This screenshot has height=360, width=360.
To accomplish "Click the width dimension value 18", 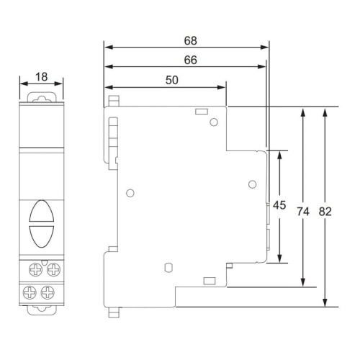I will (41, 76).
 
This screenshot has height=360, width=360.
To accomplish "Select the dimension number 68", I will (190, 40).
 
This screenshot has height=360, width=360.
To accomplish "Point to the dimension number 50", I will (172, 81).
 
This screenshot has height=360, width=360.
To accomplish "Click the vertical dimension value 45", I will (280, 205).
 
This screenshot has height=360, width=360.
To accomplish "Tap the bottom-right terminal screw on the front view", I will (50, 292).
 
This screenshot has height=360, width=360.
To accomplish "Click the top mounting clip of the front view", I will (41, 94).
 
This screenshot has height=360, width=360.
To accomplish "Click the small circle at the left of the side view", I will (130, 193).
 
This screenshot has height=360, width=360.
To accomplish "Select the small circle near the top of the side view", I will (213, 122).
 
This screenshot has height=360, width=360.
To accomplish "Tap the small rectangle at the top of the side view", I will (202, 112).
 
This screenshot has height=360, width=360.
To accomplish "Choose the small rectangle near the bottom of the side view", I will (210, 279).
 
